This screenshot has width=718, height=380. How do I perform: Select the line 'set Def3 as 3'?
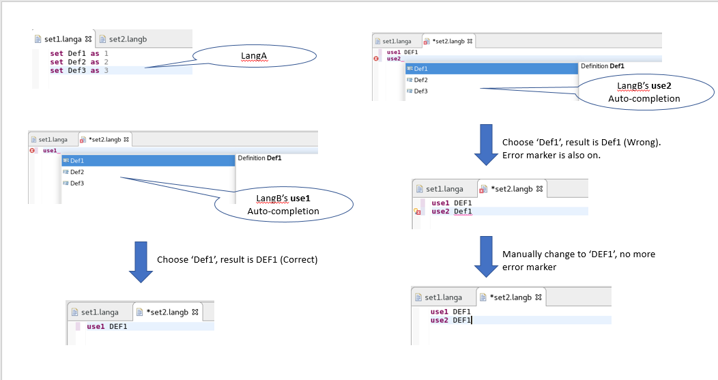[79, 70]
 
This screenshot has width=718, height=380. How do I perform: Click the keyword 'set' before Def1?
[57, 53]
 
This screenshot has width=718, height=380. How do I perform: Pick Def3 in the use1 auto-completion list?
[77, 183]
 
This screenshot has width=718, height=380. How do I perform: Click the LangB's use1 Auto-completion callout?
[283, 204]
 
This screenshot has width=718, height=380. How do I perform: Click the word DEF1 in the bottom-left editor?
[118, 326]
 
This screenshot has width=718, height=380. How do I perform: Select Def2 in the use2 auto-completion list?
[421, 80]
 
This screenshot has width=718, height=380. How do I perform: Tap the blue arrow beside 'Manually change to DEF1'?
[485, 257]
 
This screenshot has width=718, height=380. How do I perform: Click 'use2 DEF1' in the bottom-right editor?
[450, 320]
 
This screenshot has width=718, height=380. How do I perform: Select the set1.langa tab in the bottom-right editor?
[443, 297]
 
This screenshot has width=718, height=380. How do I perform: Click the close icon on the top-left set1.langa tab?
[88, 39]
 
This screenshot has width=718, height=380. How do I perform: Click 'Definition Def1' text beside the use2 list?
[603, 66]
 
